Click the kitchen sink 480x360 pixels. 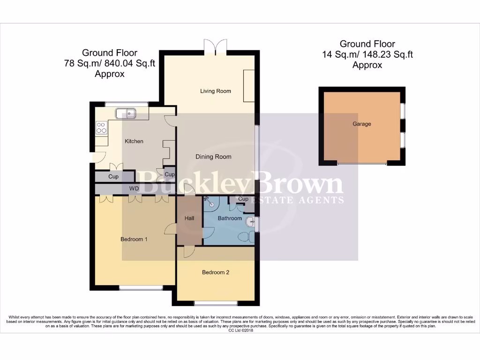[126, 112]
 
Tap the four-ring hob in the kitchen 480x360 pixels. [101, 127]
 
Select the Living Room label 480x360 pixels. [216, 91]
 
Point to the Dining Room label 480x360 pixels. [213, 157]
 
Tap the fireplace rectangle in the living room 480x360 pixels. [248, 86]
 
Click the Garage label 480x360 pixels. [362, 124]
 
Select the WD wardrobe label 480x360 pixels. [134, 189]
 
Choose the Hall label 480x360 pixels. [189, 218]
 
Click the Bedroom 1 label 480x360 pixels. [134, 240]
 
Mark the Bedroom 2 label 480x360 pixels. [216, 272]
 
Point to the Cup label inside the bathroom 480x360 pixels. [243, 199]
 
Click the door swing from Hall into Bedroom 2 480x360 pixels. [188, 252]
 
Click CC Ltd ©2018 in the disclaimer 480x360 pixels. [240, 330]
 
